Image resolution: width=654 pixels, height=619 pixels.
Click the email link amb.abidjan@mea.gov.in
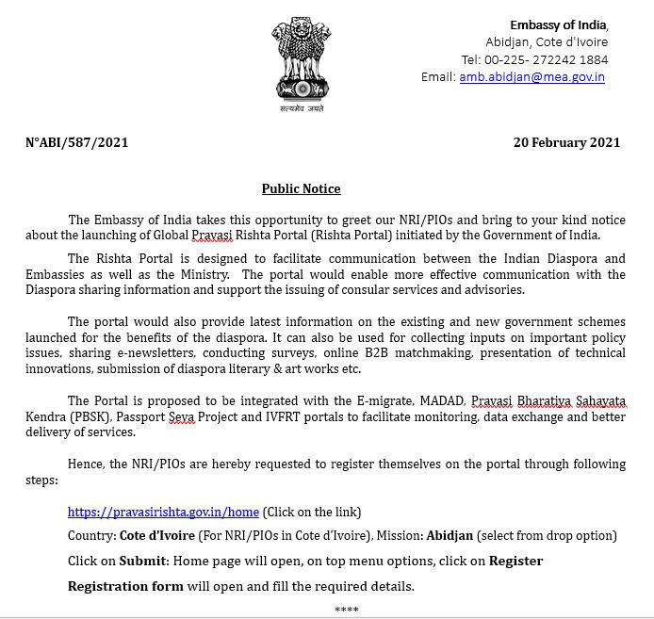click(x=531, y=76)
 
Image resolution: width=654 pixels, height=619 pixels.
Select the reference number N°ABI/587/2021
click(x=76, y=142)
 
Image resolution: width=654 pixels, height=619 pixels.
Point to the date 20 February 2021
click(x=566, y=142)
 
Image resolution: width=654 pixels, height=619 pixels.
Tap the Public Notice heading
click(x=301, y=188)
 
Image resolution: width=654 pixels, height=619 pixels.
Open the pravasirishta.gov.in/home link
click(x=163, y=512)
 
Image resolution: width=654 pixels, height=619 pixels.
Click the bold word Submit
click(x=143, y=561)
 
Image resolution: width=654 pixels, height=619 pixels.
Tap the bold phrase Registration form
click(x=125, y=586)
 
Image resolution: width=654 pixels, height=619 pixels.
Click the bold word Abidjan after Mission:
click(x=450, y=535)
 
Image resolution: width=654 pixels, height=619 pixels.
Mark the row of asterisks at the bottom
click(x=346, y=611)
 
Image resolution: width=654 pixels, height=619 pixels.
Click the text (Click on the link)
click(x=312, y=512)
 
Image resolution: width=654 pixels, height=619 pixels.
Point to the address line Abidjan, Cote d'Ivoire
click(x=547, y=42)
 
